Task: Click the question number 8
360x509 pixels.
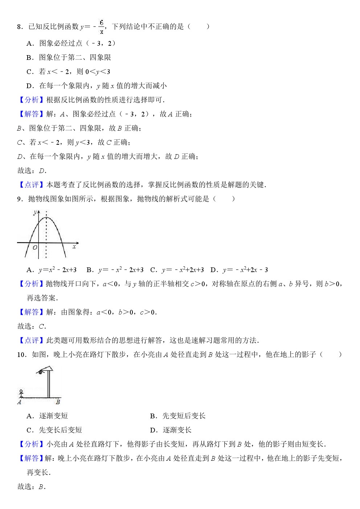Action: [x=20, y=26]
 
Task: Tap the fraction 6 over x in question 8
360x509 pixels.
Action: [x=101, y=27]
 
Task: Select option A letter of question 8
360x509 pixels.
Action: [x=30, y=44]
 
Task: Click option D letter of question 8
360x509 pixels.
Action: [x=30, y=86]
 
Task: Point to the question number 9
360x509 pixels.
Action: [x=20, y=199]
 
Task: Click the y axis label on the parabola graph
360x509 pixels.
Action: [x=35, y=212]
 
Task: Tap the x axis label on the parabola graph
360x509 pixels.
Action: [x=74, y=247]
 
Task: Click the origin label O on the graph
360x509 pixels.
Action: [x=35, y=248]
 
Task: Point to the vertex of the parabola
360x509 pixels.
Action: [x=46, y=218]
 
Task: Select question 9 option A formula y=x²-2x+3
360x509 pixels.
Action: [x=57, y=270]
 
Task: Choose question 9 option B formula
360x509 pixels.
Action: [x=121, y=270]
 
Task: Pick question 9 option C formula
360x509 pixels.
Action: [x=183, y=270]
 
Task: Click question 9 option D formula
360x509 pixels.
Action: [x=245, y=270]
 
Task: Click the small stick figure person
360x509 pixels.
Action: [x=21, y=393]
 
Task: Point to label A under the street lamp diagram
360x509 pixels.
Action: [x=19, y=402]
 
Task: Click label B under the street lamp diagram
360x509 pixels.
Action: [x=58, y=402]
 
